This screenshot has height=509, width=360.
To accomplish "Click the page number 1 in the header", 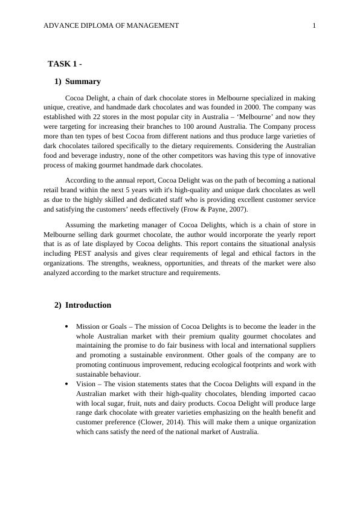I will pyautogui.click(x=313, y=25).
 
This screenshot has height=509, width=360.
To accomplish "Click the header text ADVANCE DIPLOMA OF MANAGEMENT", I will pyautogui.click(x=112, y=25).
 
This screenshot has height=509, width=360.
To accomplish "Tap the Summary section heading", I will pyautogui.click(x=83, y=82).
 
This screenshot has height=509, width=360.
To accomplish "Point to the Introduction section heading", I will pyautogui.click(x=88, y=305).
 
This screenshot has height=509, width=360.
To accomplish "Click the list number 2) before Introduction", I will pyautogui.click(x=58, y=305).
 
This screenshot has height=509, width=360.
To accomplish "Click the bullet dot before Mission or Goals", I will pyautogui.click(x=66, y=326).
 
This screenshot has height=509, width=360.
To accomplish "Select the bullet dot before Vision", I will pyautogui.click(x=66, y=384).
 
